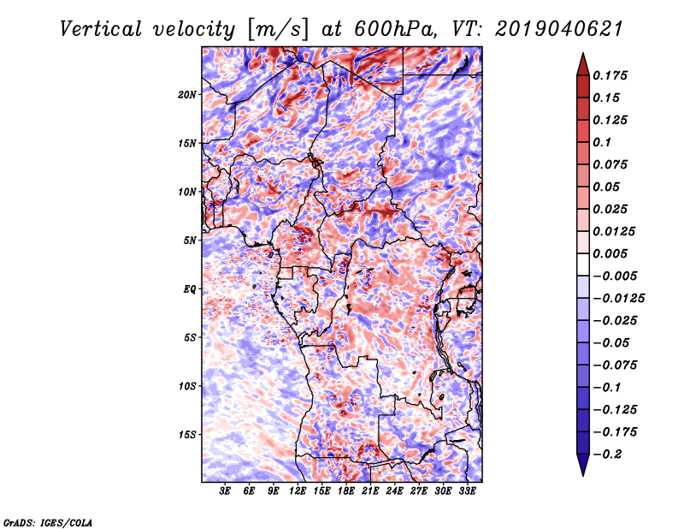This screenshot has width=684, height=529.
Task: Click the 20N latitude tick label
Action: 187,94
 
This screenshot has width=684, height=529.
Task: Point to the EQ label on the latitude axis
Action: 190,289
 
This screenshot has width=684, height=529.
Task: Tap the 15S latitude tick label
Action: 187,435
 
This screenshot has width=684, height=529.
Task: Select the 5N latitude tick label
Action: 190,241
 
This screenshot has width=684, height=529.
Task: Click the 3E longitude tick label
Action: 225,490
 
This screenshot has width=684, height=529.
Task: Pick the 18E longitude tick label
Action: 346,490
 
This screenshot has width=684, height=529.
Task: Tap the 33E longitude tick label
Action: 467,490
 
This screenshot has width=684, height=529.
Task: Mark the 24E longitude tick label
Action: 394,490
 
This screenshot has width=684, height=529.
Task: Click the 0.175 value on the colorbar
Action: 610,75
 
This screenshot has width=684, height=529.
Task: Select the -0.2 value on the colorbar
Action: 607,455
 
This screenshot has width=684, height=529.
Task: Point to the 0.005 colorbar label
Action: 610,253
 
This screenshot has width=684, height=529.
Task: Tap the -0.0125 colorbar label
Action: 618,299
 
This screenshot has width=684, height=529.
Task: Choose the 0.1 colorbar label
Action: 602,142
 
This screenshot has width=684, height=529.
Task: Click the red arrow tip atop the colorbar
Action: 583,54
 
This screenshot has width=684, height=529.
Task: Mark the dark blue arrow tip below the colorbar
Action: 583,475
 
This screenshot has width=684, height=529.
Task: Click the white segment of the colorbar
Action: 583,264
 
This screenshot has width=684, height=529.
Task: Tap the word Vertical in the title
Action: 101,29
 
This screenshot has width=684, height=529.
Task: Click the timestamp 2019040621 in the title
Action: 559,29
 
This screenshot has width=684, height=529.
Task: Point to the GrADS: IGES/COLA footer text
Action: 48,523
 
